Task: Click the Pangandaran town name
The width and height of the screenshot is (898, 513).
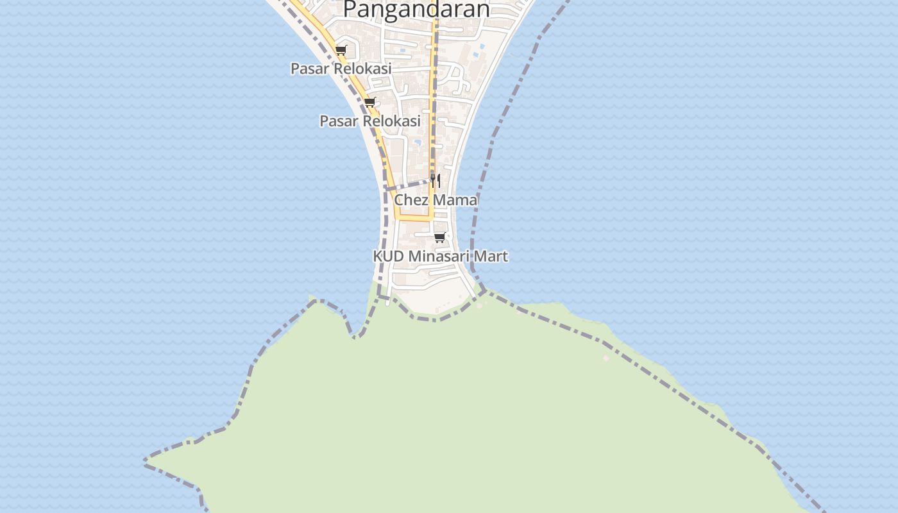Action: [x=416, y=10]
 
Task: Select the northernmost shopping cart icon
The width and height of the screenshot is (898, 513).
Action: [x=341, y=50]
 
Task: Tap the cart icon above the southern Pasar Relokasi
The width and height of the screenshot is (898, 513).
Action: [x=369, y=102]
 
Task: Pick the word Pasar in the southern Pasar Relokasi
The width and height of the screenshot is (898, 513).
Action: [x=338, y=121]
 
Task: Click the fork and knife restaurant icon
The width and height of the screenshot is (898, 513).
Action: [x=436, y=180]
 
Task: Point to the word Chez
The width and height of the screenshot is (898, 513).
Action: [x=411, y=199]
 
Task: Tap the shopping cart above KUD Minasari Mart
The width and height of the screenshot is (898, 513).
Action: [x=439, y=237]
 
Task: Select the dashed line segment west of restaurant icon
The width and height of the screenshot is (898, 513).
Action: [x=408, y=185]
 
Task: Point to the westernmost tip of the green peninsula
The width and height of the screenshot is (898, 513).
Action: [x=146, y=460]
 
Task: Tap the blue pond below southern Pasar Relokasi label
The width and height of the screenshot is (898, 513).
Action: [x=418, y=142]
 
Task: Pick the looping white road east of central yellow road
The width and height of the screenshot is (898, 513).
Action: [x=457, y=78]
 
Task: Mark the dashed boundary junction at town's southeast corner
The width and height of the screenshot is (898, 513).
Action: [x=483, y=292]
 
